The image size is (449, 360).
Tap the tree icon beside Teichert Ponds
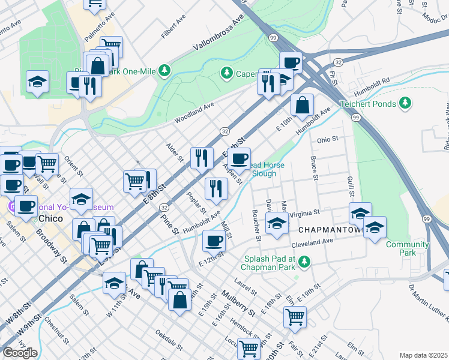click(x=406, y=103)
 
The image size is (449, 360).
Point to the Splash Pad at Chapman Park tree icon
click(x=304, y=262)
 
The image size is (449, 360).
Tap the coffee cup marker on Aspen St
click(x=240, y=158)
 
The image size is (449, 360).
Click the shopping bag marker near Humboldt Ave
click(x=303, y=105)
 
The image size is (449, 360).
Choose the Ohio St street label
click(x=328, y=140)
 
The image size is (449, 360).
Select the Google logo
click(x=20, y=353)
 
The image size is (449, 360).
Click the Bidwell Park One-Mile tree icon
click(x=164, y=70)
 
